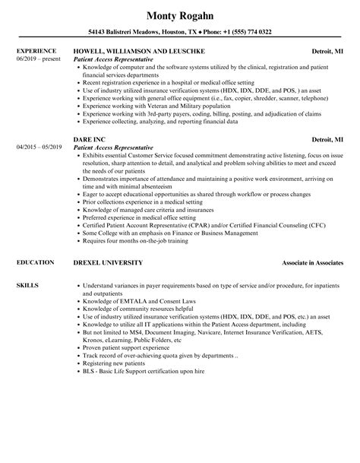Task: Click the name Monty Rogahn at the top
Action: (x=179, y=13)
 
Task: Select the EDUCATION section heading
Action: (x=33, y=262)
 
